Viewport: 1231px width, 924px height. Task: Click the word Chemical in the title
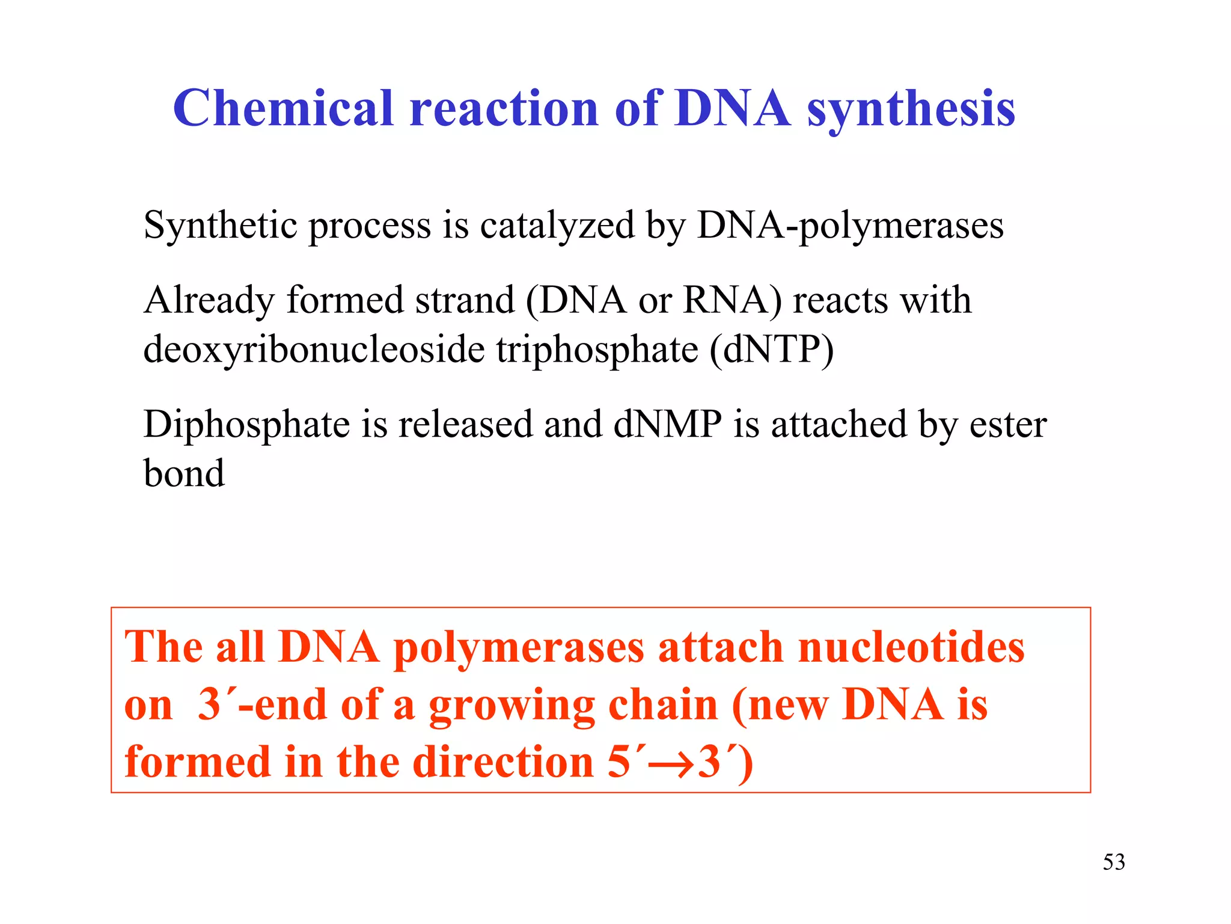[283, 108]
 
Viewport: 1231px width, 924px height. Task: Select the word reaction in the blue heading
[504, 109]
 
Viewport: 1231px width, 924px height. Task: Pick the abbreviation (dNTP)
[772, 350]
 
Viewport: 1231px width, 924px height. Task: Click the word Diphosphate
[246, 425]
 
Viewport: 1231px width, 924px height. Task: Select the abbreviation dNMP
[667, 423]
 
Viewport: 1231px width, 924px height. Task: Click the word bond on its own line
[184, 473]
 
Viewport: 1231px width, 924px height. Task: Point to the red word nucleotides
[911, 647]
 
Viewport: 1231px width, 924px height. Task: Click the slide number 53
[1113, 862]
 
